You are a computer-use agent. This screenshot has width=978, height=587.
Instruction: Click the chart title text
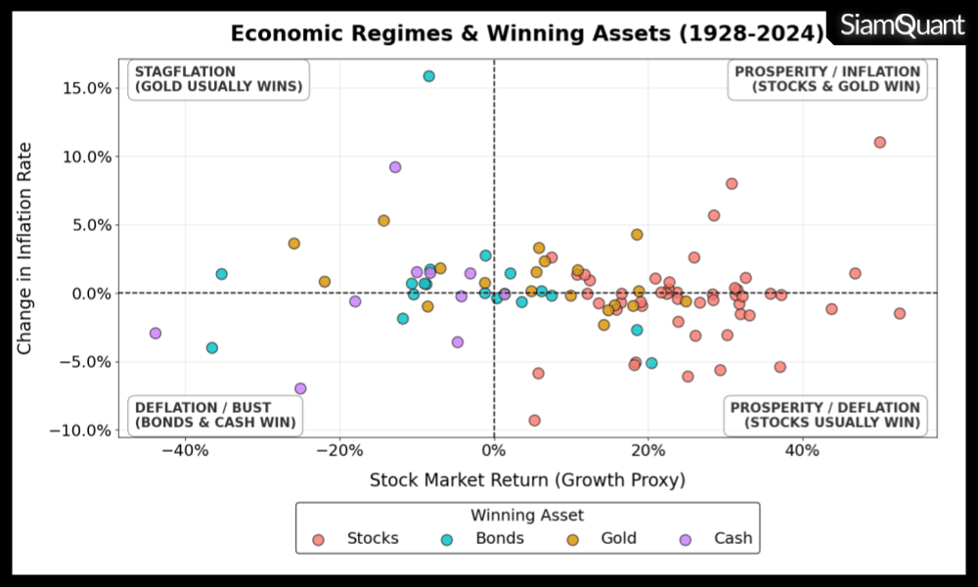[527, 34]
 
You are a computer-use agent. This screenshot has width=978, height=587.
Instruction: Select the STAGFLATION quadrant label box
[218, 79]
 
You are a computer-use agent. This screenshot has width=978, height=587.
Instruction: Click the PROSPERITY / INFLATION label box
[827, 79]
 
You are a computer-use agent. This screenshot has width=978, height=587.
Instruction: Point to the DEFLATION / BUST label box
[215, 415]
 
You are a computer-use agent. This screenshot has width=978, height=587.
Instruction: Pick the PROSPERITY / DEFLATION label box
[825, 415]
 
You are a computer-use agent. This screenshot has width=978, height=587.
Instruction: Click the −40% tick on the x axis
[186, 451]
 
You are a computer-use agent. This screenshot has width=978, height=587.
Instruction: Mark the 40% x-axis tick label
[802, 451]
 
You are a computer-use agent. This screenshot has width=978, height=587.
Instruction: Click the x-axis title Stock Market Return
[527, 479]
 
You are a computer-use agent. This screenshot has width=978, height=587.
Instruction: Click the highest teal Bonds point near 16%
[428, 76]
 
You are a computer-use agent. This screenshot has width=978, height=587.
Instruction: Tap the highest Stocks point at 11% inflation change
[879, 142]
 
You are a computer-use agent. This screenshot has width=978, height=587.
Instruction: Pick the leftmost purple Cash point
[155, 334]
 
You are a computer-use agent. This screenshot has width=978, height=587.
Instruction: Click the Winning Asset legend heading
[527, 515]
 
